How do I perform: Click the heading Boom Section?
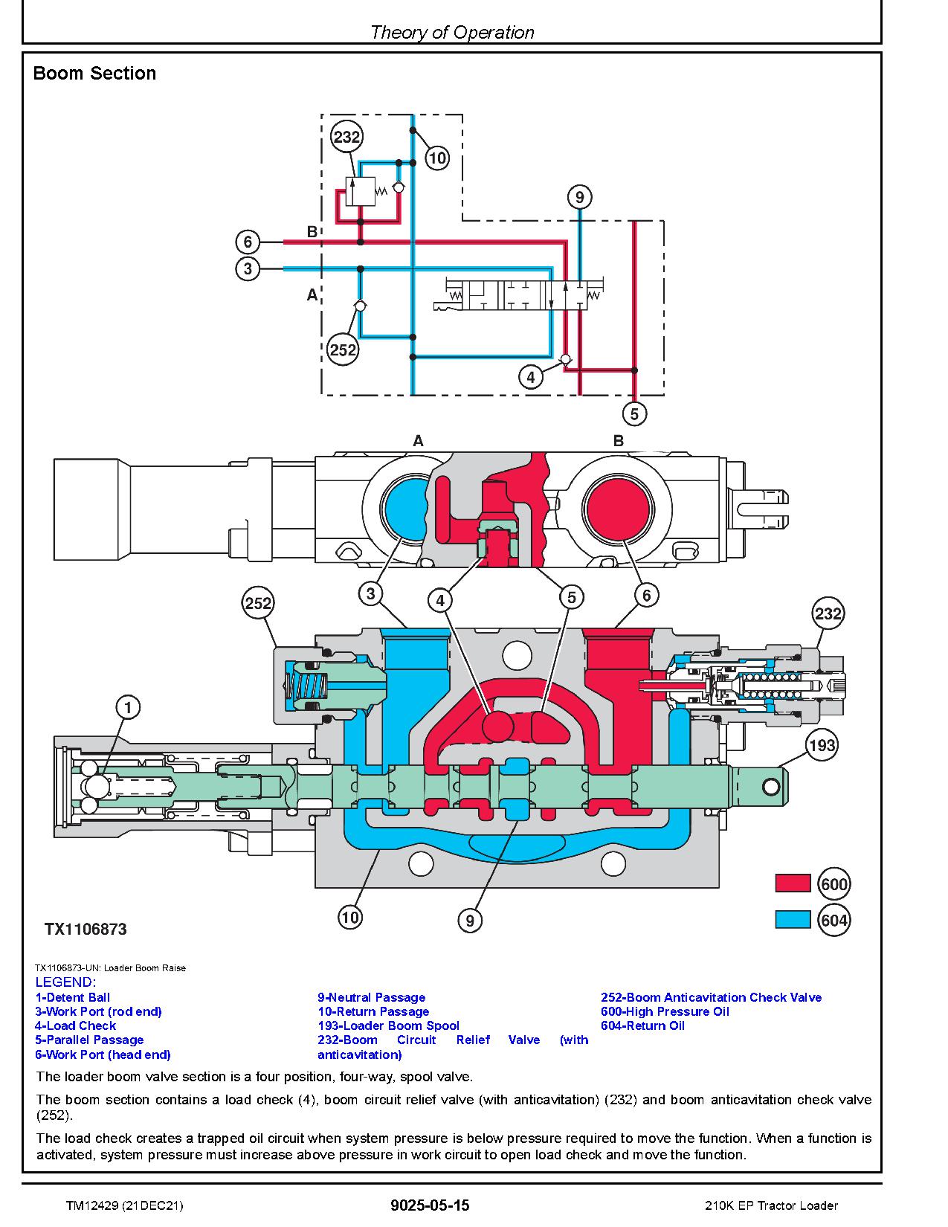pyautogui.click(x=94, y=74)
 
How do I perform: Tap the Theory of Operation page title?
pyautogui.click(x=452, y=32)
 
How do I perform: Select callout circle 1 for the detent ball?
pyautogui.click(x=128, y=707)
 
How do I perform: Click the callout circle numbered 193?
pyautogui.click(x=822, y=745)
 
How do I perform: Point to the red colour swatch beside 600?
pyautogui.click(x=792, y=883)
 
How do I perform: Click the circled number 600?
pyautogui.click(x=833, y=883)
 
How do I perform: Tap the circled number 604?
pyautogui.click(x=833, y=921)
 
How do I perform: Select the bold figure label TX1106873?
pyautogui.click(x=86, y=930)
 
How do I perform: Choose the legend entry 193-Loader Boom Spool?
pyautogui.click(x=388, y=1025)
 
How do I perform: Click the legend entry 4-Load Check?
pyautogui.click(x=76, y=1025)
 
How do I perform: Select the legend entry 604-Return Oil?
pyautogui.click(x=642, y=1025)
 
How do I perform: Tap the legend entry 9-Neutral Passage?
pyautogui.click(x=372, y=997)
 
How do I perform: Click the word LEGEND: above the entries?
pyautogui.click(x=65, y=982)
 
